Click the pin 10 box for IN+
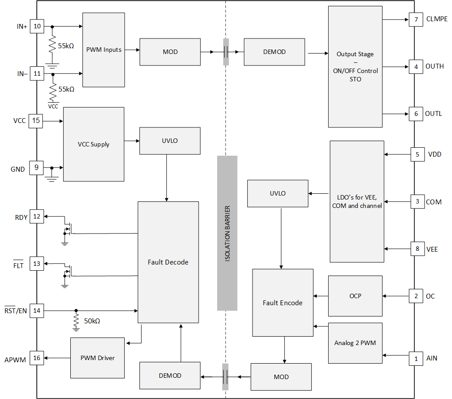(x=37, y=27)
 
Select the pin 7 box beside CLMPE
(x=416, y=19)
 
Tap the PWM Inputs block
(x=103, y=50)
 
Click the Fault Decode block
(x=168, y=262)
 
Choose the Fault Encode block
(x=283, y=303)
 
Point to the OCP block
(x=355, y=295)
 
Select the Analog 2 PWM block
(x=355, y=343)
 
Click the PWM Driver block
(x=97, y=357)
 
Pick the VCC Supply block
(x=93, y=144)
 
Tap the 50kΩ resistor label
(x=92, y=321)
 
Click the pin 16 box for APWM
(x=37, y=358)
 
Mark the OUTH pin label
(x=434, y=66)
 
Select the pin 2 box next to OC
(x=416, y=296)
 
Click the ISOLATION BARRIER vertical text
(x=227, y=233)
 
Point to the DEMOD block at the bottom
(x=170, y=376)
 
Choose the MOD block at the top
(x=170, y=52)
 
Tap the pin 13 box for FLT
(x=37, y=264)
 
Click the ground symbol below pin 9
(x=52, y=178)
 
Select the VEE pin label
(x=432, y=249)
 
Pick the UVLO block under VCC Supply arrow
(x=170, y=141)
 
